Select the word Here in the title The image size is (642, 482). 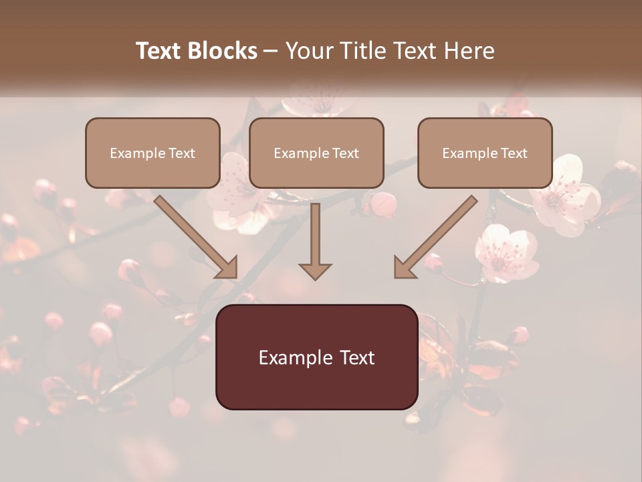(469, 51)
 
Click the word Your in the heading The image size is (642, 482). (307, 51)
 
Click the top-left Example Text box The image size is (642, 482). (152, 153)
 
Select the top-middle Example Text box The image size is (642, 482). (316, 153)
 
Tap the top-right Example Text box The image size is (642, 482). (485, 153)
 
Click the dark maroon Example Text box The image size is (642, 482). (316, 357)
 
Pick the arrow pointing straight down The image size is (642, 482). (315, 241)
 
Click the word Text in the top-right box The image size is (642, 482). (514, 153)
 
